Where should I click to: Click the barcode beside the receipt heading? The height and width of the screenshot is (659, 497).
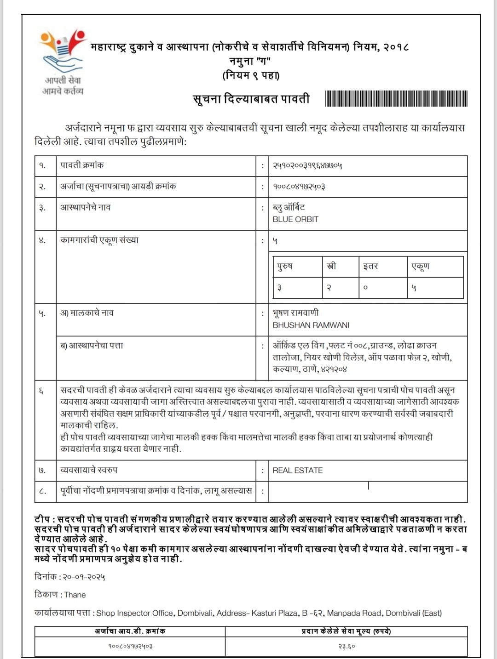point(396,99)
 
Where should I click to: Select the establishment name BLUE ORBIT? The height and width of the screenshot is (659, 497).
point(295,219)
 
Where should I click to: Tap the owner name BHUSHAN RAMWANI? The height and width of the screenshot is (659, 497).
point(311,325)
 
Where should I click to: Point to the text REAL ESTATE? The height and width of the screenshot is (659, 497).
point(298,470)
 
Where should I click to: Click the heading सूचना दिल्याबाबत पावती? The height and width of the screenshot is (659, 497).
point(251,99)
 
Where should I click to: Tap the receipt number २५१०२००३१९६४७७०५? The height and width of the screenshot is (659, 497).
point(307,165)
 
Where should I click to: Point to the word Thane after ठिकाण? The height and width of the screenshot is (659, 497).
point(75,595)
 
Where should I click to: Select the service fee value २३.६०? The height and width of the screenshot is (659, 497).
point(347,646)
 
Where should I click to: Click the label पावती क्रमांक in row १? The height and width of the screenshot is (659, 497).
point(82,165)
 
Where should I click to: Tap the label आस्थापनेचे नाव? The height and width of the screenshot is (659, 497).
point(86,207)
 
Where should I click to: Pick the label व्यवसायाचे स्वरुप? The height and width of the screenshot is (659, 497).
point(89,470)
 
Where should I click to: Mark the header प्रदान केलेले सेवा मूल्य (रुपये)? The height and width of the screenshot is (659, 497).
point(346,631)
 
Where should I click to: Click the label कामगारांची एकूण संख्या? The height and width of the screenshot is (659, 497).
point(99,240)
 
